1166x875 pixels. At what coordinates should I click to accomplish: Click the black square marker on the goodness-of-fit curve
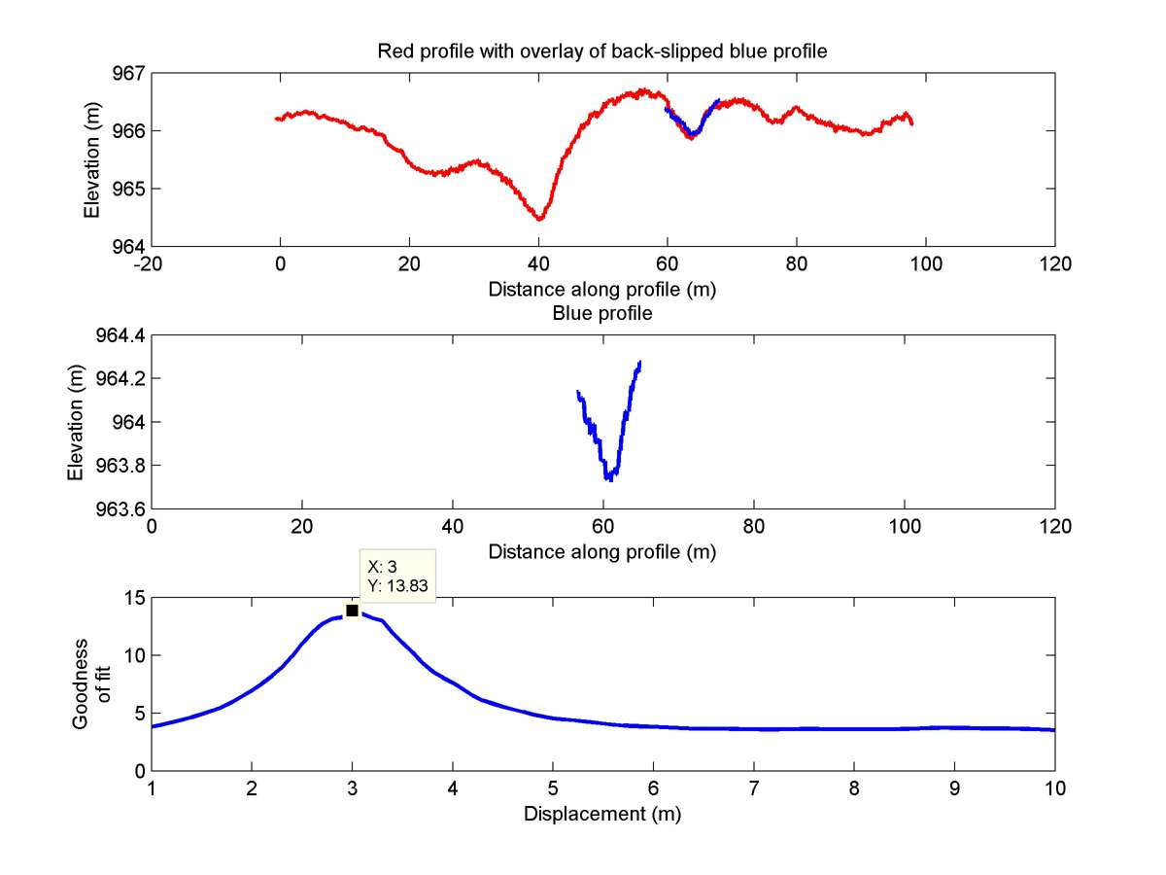(x=352, y=610)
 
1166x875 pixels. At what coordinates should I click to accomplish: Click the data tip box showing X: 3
(x=396, y=576)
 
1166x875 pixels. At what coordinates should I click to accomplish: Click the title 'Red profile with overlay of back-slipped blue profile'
(x=602, y=52)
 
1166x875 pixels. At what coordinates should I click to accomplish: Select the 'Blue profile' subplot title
(x=602, y=314)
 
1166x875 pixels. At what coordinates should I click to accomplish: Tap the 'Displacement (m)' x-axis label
(x=602, y=814)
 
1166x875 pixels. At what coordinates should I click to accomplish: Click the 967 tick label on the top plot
(x=126, y=73)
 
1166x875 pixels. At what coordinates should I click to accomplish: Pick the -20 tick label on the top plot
(x=151, y=263)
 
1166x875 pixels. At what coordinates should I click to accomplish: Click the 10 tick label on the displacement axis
(x=1054, y=787)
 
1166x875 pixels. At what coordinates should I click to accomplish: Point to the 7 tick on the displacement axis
(x=753, y=787)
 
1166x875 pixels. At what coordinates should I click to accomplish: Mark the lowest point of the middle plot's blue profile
(x=608, y=478)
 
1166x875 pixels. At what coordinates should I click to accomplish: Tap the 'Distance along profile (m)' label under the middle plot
(x=602, y=552)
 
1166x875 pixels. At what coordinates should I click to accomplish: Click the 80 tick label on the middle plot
(x=754, y=526)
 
